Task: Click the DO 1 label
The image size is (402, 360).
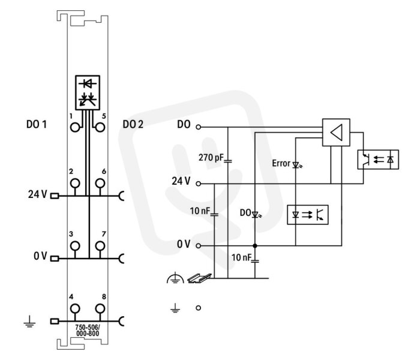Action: click(37, 124)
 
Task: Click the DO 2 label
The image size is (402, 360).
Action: click(133, 124)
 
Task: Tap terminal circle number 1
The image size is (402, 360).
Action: click(75, 127)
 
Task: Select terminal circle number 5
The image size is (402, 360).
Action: click(100, 127)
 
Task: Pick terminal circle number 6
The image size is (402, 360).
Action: click(100, 183)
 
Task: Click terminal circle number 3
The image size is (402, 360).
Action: click(75, 245)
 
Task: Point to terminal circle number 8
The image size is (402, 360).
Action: click(100, 308)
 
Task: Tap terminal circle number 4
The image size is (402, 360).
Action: click(75, 308)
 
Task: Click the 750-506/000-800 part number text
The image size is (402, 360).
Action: click(88, 330)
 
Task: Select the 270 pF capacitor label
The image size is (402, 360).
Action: click(211, 157)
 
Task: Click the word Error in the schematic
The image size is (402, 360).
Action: click(281, 163)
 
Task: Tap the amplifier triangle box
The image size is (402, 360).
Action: click(336, 133)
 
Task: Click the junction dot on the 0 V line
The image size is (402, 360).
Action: click(255, 245)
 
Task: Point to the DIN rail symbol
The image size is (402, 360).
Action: click(199, 278)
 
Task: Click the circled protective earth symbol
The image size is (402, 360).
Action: click(175, 278)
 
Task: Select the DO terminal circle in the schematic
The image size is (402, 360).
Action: click(198, 127)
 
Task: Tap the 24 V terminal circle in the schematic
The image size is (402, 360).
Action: click(198, 184)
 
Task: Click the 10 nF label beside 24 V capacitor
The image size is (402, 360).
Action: click(200, 211)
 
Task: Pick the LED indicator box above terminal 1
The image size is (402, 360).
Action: click(88, 92)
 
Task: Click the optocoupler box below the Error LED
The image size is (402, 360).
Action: click(308, 215)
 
